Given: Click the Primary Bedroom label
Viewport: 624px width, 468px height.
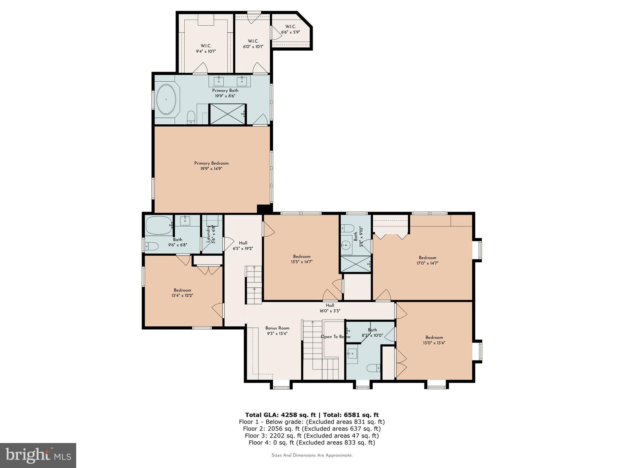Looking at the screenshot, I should pyautogui.click(x=211, y=163).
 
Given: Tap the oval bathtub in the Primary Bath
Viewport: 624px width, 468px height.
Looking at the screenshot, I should pyautogui.click(x=166, y=99).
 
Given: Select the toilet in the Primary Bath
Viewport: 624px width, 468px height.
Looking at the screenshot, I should pyautogui.click(x=191, y=117).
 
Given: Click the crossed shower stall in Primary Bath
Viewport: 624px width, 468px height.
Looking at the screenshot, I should pyautogui.click(x=227, y=114).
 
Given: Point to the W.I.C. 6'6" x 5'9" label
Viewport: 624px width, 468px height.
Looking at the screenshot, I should pyautogui.click(x=290, y=29).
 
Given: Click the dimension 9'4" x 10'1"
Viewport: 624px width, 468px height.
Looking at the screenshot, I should pyautogui.click(x=206, y=51).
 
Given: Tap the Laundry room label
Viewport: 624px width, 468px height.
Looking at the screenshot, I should pyautogui.click(x=209, y=234).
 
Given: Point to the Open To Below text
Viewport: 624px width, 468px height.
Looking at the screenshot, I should pyautogui.click(x=335, y=337).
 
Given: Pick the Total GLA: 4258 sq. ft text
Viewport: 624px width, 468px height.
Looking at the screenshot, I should pyautogui.click(x=281, y=415).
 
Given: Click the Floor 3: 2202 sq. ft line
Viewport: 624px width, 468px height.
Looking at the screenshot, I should pyautogui.click(x=312, y=436).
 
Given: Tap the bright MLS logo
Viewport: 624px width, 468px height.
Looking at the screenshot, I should pyautogui.click(x=38, y=455).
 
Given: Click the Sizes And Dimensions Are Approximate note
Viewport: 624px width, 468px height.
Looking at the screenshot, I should pyautogui.click(x=312, y=455).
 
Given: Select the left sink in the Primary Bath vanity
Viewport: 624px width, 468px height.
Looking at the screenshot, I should pyautogui.click(x=219, y=81).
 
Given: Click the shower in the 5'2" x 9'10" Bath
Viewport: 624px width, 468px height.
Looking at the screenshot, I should pyautogui.click(x=356, y=264).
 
